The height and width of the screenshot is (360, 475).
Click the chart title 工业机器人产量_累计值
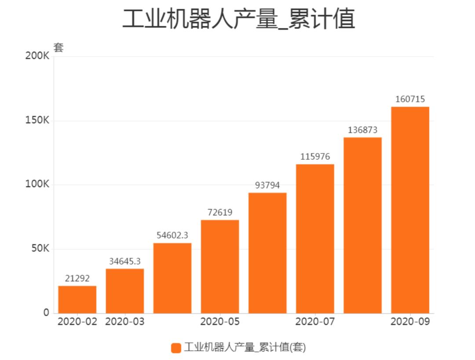[238, 19]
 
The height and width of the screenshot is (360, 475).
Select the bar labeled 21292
[77, 300]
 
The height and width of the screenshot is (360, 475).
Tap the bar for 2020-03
[125, 291]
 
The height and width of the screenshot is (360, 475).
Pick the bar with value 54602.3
[172, 278]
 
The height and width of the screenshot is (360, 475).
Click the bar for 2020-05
[220, 267]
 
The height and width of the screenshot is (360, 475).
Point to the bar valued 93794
[267, 253]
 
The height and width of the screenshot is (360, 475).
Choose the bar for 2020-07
[315, 239]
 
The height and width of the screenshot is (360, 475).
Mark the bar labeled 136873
[362, 225]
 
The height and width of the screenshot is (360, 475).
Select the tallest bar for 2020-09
[410, 210]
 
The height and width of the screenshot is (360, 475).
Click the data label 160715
[410, 99]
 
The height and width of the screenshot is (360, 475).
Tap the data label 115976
[315, 157]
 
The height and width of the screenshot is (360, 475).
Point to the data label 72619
[220, 212]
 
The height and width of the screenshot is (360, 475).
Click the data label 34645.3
[125, 261]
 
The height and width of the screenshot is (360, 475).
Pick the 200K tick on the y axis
[37, 56]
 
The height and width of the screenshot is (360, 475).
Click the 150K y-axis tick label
[37, 121]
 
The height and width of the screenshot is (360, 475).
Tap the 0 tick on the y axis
[46, 313]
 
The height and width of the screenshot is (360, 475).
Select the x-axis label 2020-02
[77, 322]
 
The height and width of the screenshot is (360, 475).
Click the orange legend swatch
[176, 348]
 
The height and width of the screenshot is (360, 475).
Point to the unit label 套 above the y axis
[58, 48]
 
